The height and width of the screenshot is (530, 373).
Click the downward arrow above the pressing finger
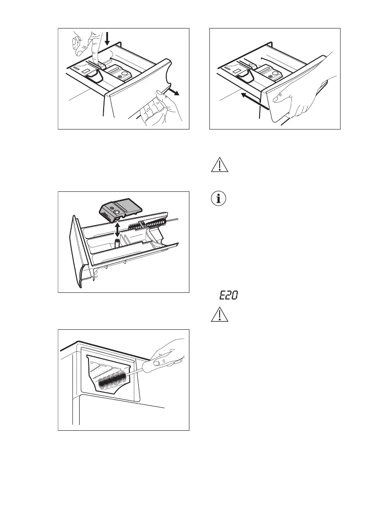[x=107, y=40]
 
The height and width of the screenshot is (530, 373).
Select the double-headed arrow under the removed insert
[x=116, y=231]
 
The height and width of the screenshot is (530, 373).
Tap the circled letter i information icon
[x=218, y=199]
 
